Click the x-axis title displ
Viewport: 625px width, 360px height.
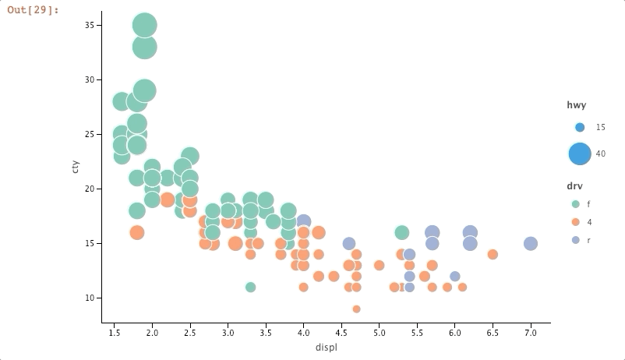(x=326, y=347)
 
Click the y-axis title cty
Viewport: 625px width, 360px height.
(x=76, y=166)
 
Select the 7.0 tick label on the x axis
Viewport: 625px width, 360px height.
(x=531, y=332)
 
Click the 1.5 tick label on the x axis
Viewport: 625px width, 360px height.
(x=115, y=332)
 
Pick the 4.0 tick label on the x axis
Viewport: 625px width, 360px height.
(x=303, y=332)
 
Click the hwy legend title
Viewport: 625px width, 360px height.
(x=576, y=105)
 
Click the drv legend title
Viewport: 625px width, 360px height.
(x=575, y=186)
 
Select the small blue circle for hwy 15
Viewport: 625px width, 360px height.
(x=579, y=127)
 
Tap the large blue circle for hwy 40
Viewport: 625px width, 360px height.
(x=580, y=154)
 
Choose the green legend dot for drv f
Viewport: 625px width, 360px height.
(x=576, y=203)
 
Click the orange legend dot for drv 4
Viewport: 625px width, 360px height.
(x=576, y=222)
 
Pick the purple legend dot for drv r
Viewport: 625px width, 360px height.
(x=576, y=240)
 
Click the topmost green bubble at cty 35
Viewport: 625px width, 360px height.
(x=144, y=26)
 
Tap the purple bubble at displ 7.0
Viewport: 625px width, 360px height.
(x=531, y=243)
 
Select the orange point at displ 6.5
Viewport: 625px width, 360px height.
(x=493, y=254)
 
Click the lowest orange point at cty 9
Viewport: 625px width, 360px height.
(x=356, y=309)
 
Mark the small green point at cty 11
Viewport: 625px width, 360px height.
(x=250, y=287)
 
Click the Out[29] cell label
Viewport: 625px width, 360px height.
(x=34, y=10)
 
